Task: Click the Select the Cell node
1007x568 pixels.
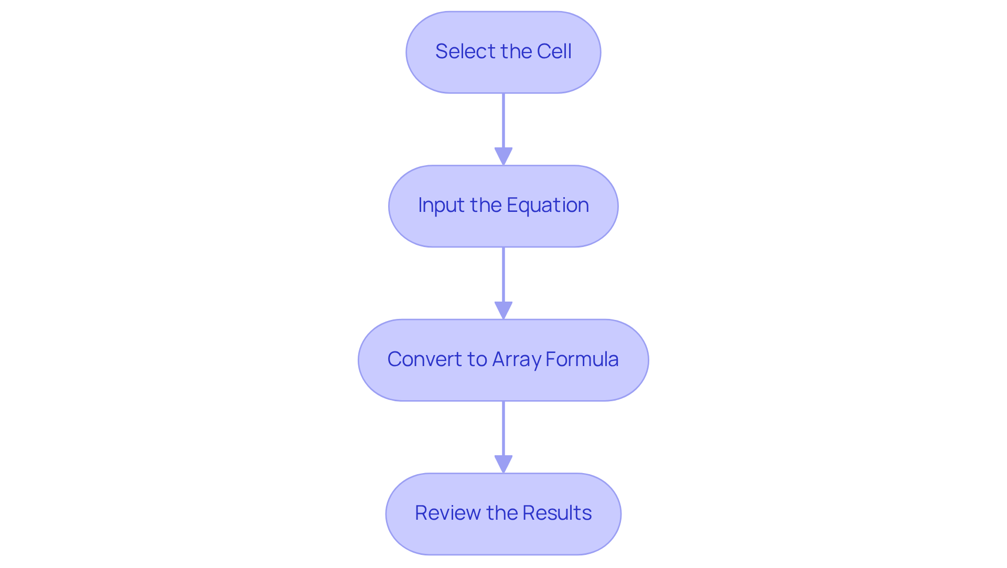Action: tap(504, 52)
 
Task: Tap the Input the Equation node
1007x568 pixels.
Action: tap(504, 206)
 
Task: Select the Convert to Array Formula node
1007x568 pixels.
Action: tap(504, 360)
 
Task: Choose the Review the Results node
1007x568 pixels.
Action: tap(504, 514)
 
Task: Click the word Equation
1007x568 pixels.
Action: tap(548, 205)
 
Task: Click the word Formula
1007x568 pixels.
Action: tap(582, 359)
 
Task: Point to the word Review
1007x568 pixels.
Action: tap(447, 513)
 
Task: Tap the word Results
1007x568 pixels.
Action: tap(557, 513)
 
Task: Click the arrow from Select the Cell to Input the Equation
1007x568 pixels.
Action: tap(504, 123)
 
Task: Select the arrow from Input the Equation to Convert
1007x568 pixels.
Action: tap(504, 277)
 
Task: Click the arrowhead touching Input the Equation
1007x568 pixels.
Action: tap(504, 157)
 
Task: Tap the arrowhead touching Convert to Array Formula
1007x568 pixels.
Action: tap(504, 310)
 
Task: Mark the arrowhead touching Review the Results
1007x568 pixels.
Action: tap(504, 464)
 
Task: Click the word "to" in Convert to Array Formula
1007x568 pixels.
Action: tap(477, 359)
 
